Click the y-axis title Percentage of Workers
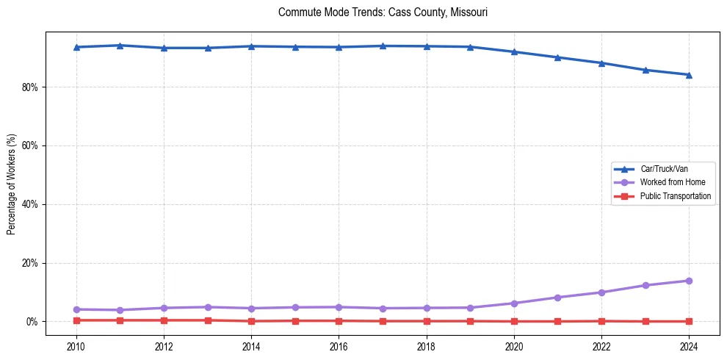click(11, 184)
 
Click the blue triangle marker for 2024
click(689, 74)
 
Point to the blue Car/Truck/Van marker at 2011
click(120, 46)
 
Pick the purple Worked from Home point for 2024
click(689, 281)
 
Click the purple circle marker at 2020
click(514, 303)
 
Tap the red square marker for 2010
click(76, 320)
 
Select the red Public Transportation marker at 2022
click(601, 321)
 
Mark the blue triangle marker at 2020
click(514, 51)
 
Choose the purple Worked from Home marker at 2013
click(207, 307)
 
